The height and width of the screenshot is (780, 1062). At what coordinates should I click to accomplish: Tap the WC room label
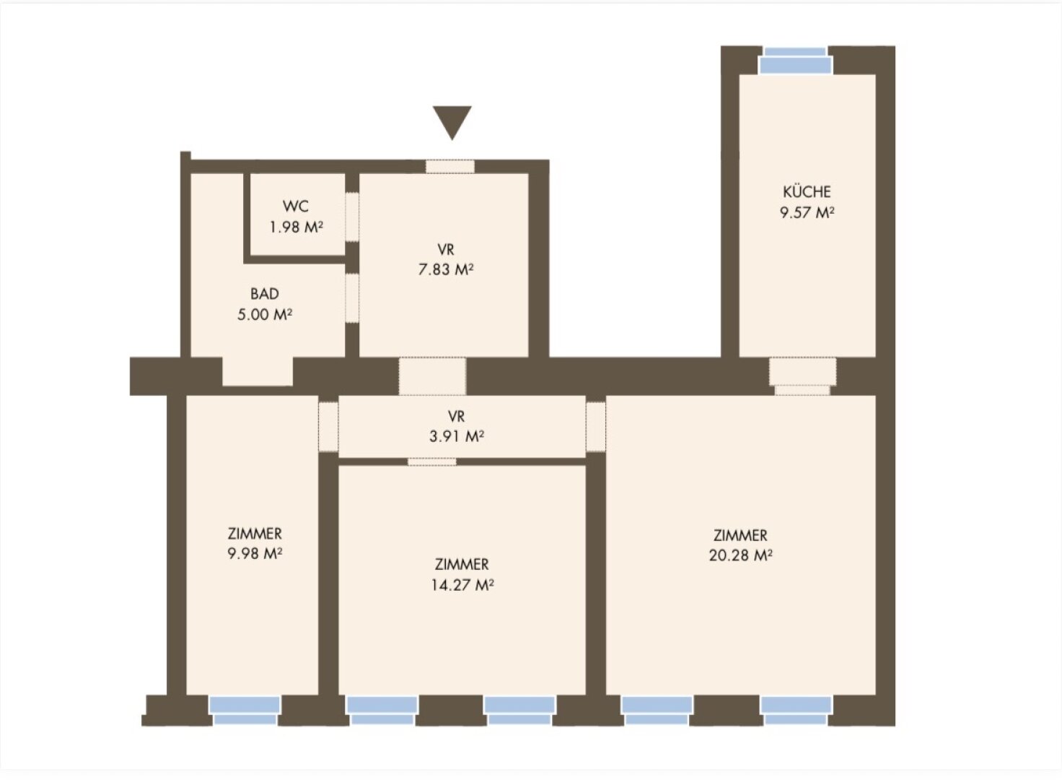point(296,206)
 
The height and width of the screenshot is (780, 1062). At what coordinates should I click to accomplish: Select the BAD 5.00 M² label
point(265,304)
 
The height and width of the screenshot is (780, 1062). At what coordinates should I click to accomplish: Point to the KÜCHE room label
point(807,192)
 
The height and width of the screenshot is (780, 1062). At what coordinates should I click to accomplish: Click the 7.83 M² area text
point(446,269)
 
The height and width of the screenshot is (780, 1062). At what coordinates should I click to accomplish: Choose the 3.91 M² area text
point(457,436)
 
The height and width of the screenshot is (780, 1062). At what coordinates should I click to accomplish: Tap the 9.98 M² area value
point(255,553)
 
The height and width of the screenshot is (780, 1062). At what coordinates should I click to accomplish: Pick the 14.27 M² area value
point(462,584)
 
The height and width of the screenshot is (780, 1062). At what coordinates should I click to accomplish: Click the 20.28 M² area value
point(740,555)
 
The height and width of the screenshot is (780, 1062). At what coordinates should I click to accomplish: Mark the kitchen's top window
point(796,61)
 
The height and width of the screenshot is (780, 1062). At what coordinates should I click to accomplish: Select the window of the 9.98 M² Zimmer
point(245,711)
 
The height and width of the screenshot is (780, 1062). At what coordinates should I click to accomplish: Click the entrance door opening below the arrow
point(450,166)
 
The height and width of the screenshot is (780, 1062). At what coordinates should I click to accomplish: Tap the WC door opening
point(352,217)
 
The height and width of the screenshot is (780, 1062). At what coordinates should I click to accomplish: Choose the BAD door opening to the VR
point(352,298)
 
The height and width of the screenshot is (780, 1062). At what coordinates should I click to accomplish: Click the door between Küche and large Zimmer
point(803,376)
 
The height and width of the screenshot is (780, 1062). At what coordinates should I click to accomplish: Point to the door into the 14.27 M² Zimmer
point(432,461)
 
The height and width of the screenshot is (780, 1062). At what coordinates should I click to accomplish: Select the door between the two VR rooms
point(432,376)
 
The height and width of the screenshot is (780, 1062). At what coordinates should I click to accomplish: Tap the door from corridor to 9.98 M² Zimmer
point(328,427)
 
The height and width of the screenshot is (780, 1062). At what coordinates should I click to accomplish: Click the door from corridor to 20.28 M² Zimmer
point(596,427)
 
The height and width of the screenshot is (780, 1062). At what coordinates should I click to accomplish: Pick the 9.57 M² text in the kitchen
point(807,212)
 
